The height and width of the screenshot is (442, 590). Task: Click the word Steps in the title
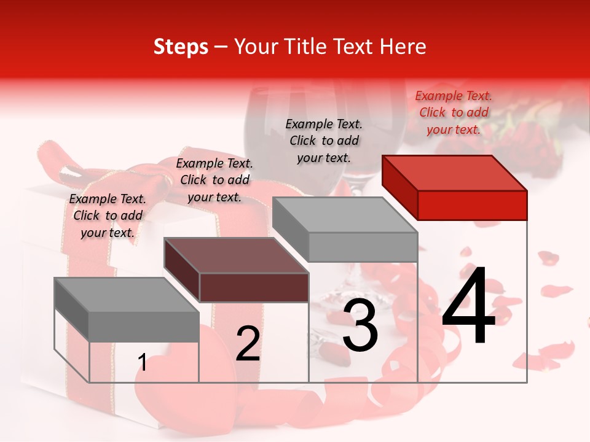(x=181, y=47)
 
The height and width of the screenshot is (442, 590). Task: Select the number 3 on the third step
(x=360, y=325)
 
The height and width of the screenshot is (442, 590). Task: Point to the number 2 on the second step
(x=248, y=344)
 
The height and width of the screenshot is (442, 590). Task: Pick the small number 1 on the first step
(x=143, y=363)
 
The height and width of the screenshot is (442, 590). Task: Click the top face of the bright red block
(x=454, y=173)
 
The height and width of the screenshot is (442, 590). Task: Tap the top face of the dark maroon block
(x=236, y=255)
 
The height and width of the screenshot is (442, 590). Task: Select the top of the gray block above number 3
(x=345, y=215)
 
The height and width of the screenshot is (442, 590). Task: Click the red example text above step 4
(x=454, y=112)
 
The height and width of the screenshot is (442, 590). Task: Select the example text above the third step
(x=324, y=141)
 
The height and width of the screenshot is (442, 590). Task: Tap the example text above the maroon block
(x=214, y=180)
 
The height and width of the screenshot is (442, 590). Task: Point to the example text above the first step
(x=108, y=215)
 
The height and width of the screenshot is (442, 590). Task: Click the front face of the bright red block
(x=472, y=205)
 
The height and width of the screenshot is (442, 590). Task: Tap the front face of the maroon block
(x=254, y=287)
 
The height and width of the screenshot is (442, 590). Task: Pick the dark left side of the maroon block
(x=182, y=270)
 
